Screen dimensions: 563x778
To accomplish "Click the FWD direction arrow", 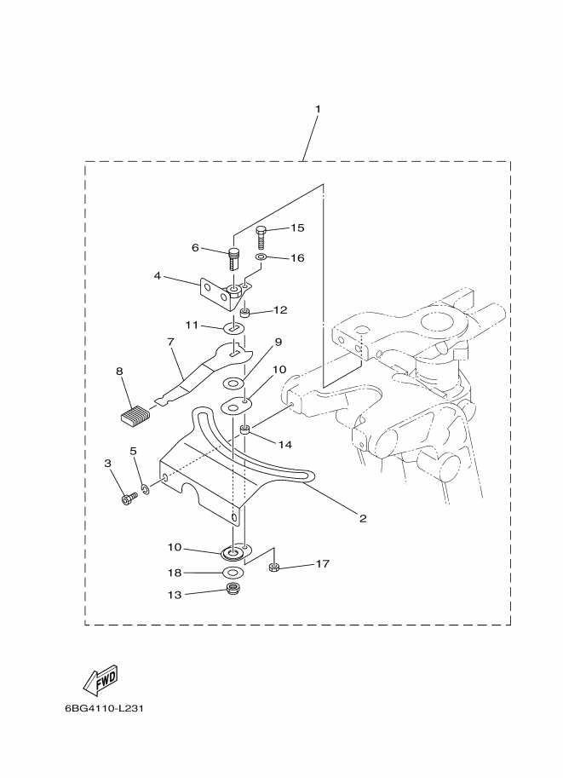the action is click(x=101, y=680).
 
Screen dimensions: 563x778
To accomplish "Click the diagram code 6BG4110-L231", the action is click(x=104, y=708).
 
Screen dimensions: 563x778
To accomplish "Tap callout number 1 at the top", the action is click(x=318, y=109).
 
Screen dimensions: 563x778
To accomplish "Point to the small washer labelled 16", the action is click(x=261, y=257).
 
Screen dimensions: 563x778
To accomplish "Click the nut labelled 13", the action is click(x=230, y=590).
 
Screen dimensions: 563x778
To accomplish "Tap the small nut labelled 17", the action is click(x=273, y=568).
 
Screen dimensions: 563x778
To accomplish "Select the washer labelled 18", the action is click(x=233, y=573).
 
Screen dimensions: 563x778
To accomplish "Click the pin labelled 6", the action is click(x=233, y=258).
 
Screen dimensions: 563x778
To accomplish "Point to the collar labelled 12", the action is click(x=244, y=313).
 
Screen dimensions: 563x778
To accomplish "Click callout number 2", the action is click(x=363, y=518).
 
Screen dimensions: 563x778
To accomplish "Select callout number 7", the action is click(x=171, y=342).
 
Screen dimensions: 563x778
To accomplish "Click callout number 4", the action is click(x=158, y=275).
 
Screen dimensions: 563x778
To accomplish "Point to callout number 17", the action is click(x=323, y=563).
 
